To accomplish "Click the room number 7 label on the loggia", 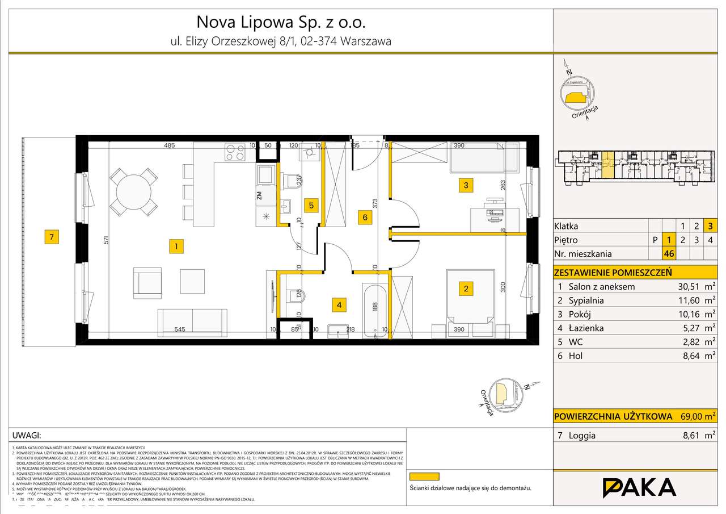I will point(52,238).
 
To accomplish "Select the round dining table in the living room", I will point(132,191).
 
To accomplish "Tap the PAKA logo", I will point(639,488).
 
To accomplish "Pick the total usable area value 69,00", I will point(693,416).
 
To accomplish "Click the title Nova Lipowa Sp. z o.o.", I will point(281,22).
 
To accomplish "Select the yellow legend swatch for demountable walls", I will point(424,476).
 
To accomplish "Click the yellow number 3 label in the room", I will point(465,185).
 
